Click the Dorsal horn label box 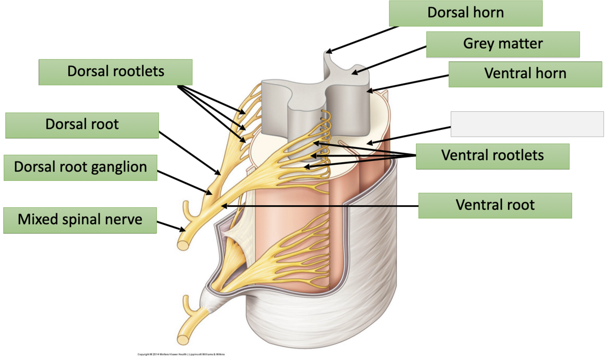tap(466, 13)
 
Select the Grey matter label tap(502, 44)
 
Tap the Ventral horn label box tap(525, 74)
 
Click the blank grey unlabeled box tap(527, 124)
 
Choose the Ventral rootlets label tap(492, 156)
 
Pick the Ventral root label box tap(495, 205)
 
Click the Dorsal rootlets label tap(115, 72)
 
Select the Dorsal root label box tap(82, 125)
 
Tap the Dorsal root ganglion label tap(80, 167)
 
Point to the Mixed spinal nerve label tap(79, 220)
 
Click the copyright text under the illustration tap(181, 354)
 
